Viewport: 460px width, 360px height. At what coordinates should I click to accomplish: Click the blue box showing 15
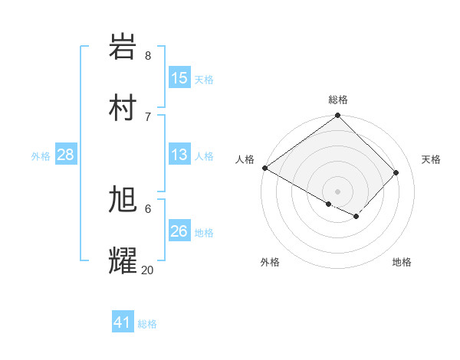coord(179,78)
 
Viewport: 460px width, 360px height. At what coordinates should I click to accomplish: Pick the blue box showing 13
coord(179,155)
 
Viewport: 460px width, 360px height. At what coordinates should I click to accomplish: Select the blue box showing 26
coord(179,232)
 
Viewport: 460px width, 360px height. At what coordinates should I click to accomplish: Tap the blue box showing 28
coord(66,155)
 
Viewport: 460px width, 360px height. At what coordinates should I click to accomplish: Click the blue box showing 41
coord(123,323)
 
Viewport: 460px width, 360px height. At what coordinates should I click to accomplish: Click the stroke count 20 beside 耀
coord(147,270)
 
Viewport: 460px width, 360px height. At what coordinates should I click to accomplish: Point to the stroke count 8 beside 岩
coord(148,55)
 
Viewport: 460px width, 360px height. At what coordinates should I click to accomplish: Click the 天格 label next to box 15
coord(204,79)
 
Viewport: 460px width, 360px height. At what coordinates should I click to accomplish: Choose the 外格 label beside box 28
coord(41,156)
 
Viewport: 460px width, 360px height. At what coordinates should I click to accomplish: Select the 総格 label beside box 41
coord(147,324)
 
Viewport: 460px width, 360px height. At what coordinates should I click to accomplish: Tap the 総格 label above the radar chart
coord(338,100)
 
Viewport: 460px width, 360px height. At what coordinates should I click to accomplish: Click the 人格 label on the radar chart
coord(245,159)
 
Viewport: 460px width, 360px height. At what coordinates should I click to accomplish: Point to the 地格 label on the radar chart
coord(402,263)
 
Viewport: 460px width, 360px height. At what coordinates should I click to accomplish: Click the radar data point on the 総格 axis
coord(337,116)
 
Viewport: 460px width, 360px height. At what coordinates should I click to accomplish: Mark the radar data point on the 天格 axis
coord(396,173)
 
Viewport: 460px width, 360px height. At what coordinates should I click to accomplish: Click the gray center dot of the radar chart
coord(337,191)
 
